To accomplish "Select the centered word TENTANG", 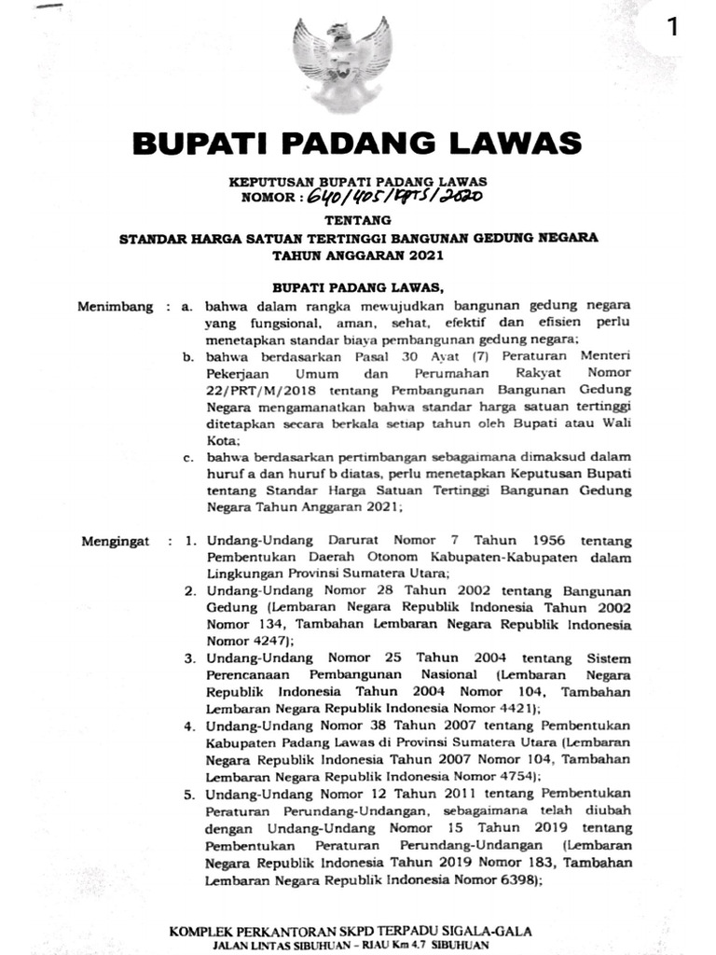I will [x=358, y=220].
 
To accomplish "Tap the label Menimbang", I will [x=117, y=305].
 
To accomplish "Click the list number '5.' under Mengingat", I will [x=188, y=792].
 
